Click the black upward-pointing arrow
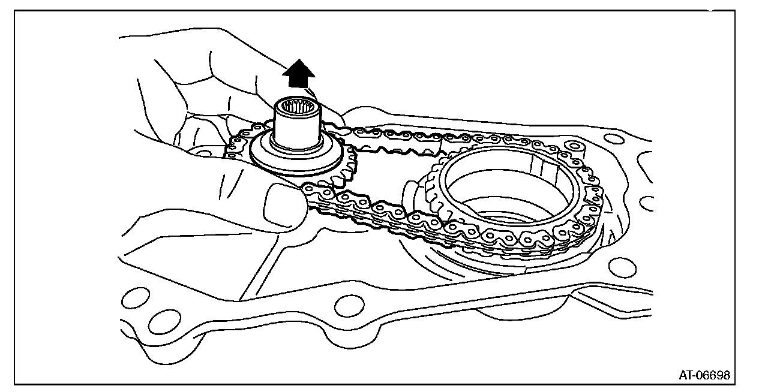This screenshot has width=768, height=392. [299, 74]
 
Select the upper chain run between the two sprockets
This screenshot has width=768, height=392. [396, 135]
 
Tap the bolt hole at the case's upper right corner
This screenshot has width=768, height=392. [613, 139]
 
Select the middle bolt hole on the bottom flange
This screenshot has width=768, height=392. [346, 306]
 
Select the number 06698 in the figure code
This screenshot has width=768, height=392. [714, 375]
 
